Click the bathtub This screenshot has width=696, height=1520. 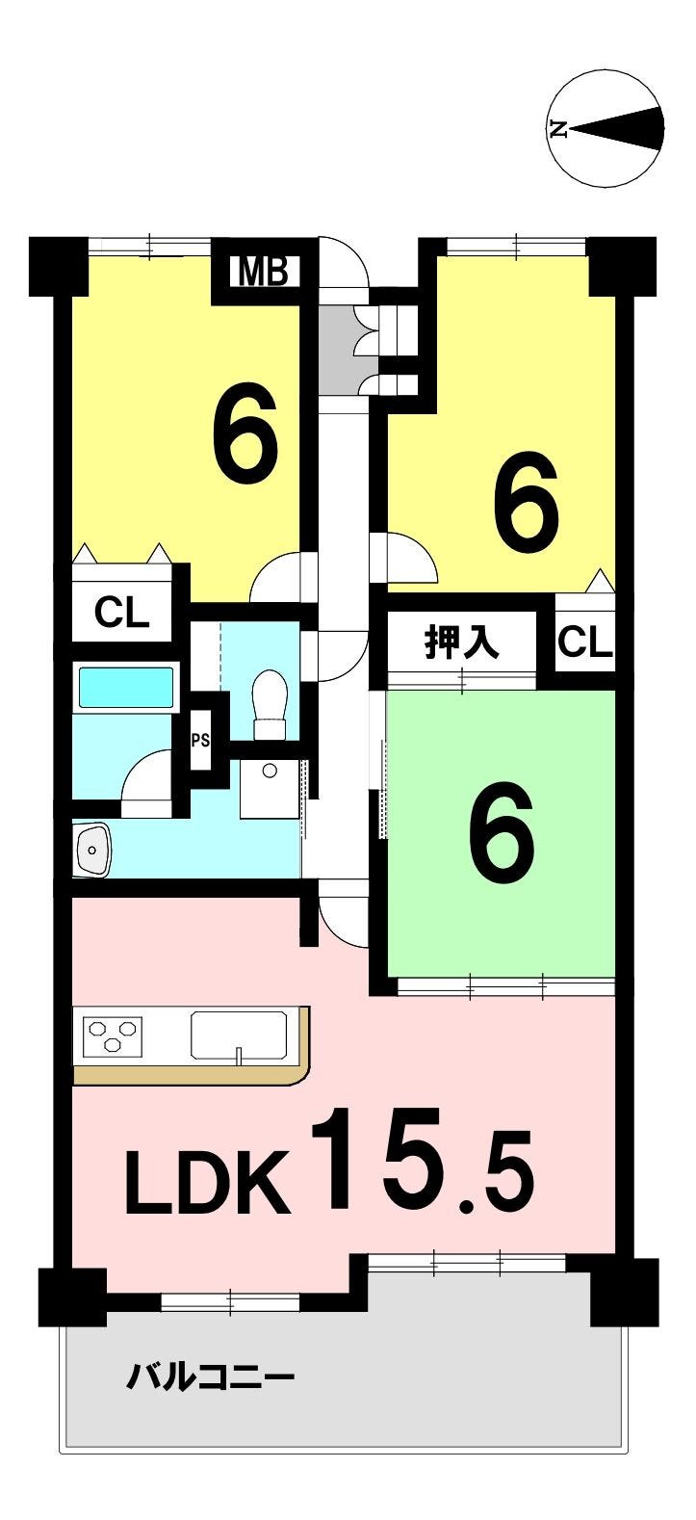(x=125, y=688)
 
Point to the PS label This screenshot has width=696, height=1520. (x=201, y=740)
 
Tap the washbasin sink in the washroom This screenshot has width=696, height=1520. (x=94, y=849)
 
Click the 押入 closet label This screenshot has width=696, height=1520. (x=462, y=643)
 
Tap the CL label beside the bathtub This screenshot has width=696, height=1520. (x=121, y=614)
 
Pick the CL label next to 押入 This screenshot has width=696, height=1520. (x=585, y=642)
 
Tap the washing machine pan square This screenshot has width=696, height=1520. (x=271, y=788)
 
